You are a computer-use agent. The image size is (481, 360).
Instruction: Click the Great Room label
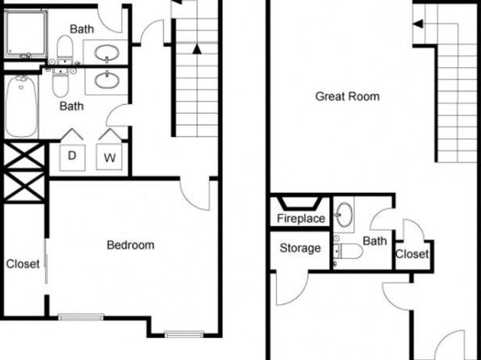click(347, 96)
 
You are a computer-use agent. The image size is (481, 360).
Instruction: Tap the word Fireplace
click(301, 219)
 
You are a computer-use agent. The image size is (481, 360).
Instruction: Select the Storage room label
click(300, 248)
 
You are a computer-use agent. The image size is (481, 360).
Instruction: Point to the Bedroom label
click(131, 245)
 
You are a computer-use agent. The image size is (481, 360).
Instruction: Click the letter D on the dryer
click(72, 156)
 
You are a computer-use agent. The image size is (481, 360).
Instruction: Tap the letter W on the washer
click(110, 157)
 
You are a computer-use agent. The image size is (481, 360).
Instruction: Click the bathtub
click(21, 107)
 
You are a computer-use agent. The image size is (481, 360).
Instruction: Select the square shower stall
click(26, 34)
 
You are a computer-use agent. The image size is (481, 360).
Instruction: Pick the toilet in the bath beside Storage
click(348, 251)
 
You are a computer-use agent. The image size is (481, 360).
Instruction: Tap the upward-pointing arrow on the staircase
click(197, 49)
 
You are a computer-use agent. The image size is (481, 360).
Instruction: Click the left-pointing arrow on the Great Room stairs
click(418, 23)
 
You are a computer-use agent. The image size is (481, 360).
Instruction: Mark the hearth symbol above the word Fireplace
click(299, 203)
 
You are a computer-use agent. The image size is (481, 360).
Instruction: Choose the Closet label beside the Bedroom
click(23, 264)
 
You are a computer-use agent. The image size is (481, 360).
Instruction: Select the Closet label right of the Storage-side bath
click(412, 254)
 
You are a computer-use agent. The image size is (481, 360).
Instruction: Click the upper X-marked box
click(24, 155)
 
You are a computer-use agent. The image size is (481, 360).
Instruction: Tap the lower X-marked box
click(24, 186)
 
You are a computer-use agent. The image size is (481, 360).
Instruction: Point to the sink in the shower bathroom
click(107, 52)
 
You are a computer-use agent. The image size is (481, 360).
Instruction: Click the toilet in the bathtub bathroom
click(61, 82)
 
